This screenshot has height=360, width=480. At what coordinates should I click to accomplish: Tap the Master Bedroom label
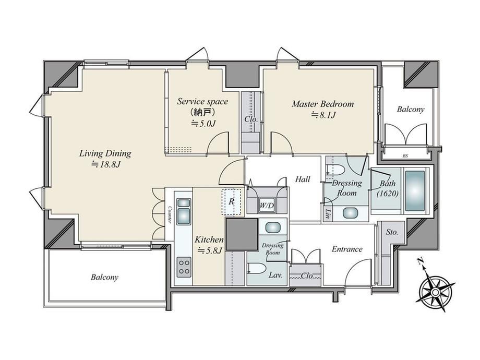322,104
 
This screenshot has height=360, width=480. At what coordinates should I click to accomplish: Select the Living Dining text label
105,153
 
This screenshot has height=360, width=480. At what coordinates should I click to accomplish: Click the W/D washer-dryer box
267,206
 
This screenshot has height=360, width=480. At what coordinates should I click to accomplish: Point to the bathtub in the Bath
415,191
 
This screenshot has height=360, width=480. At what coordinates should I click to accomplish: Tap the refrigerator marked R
232,201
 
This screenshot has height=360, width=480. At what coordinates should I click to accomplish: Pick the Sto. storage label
392,232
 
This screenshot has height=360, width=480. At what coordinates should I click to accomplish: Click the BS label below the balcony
405,156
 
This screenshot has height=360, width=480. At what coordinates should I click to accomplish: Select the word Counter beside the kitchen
169,214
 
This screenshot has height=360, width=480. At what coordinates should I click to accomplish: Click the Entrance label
347,249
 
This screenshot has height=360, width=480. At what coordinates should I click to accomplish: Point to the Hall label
303,179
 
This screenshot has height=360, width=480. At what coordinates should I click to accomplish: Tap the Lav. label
275,275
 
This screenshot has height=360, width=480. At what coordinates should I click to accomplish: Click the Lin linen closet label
328,214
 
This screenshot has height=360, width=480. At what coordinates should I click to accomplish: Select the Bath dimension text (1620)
388,194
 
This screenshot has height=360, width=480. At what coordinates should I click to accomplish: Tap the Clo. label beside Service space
251,119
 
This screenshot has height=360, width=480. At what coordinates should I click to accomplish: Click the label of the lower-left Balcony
104,278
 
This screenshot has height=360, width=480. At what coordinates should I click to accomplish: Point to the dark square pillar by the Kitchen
242,234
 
